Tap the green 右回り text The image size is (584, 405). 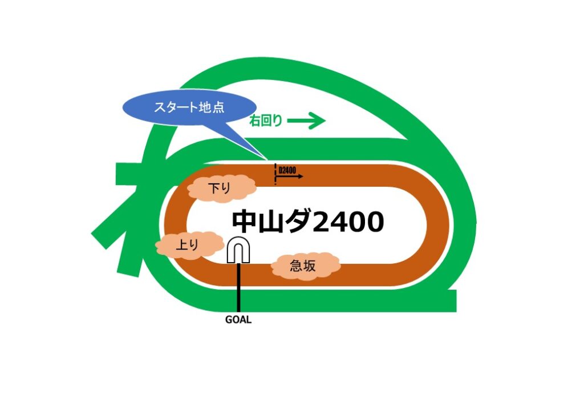[x=266, y=121]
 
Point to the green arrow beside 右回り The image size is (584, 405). [x=306, y=121]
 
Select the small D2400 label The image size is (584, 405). [x=286, y=170]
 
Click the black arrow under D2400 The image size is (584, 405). [x=291, y=177]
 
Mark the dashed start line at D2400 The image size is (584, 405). [x=275, y=174]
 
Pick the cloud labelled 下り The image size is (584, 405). [x=220, y=187]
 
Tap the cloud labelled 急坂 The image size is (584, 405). [x=305, y=265]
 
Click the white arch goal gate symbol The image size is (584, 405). [x=239, y=251]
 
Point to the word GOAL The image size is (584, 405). [x=238, y=320]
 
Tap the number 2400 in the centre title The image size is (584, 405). [x=349, y=222]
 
